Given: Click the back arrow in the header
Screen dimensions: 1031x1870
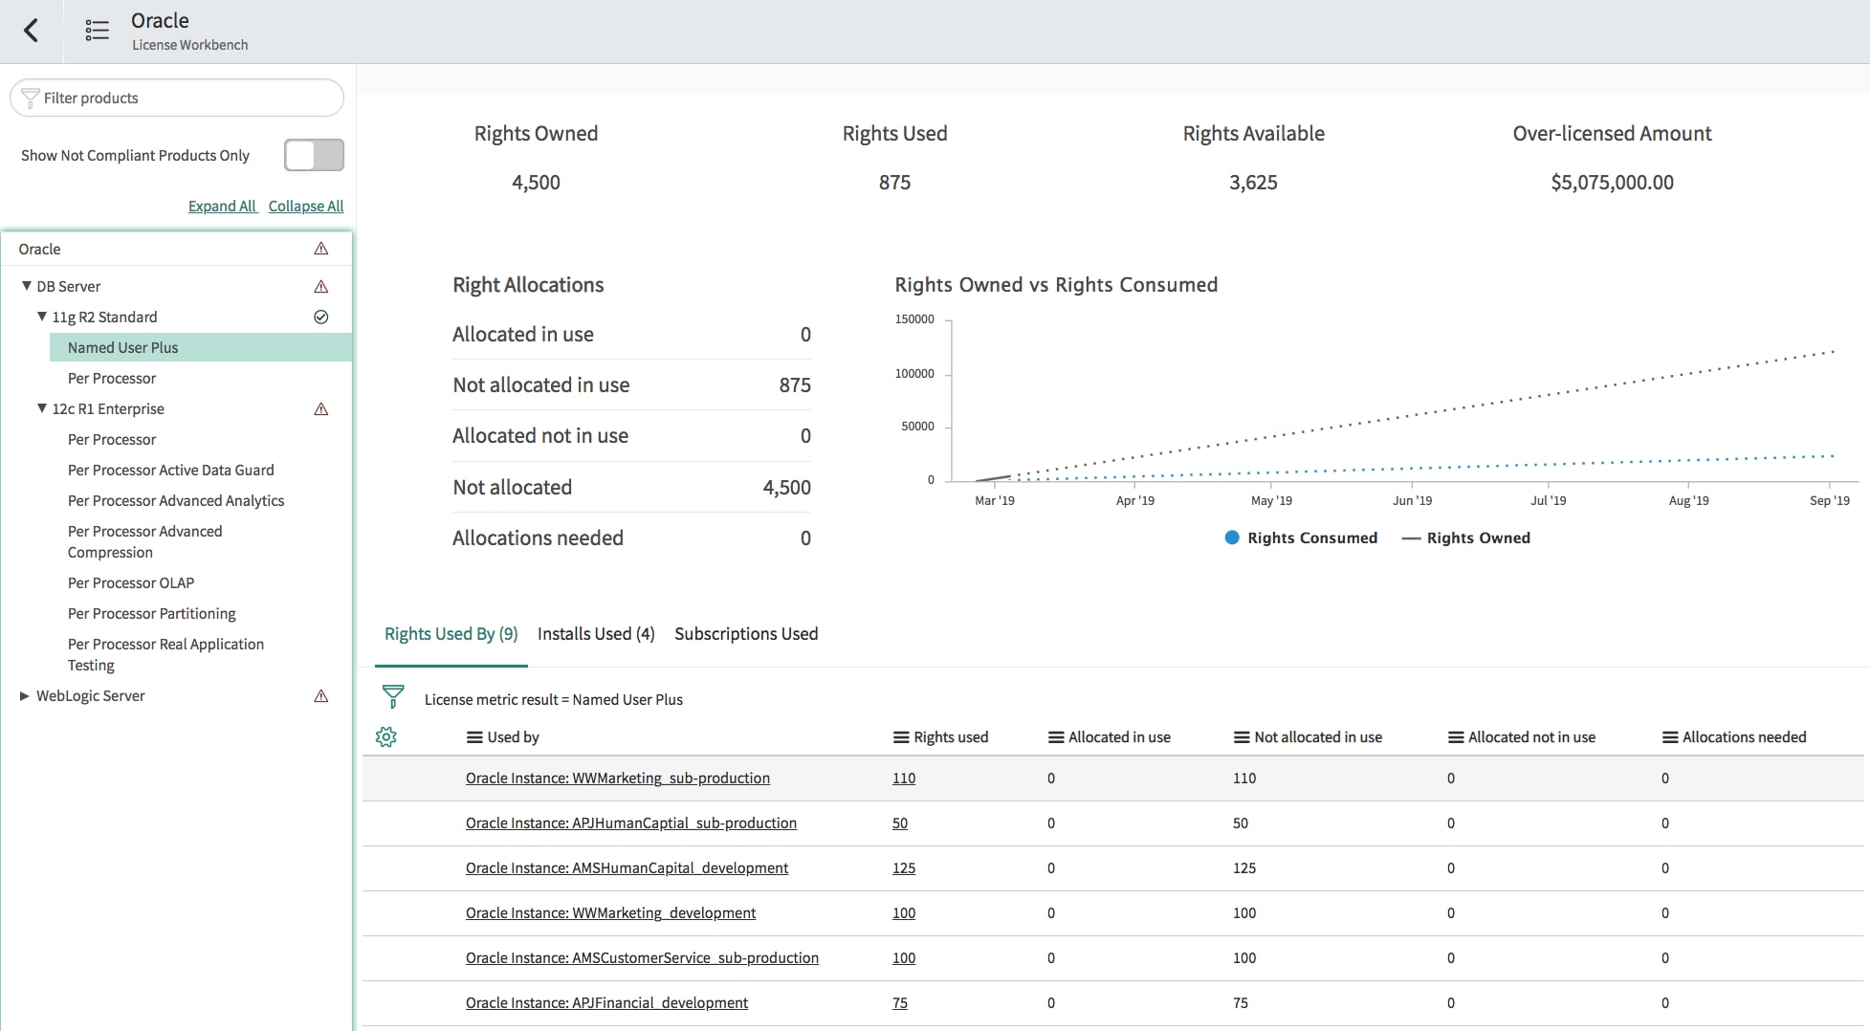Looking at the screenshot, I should coord(32,31).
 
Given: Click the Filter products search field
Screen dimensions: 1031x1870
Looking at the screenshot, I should coord(182,98).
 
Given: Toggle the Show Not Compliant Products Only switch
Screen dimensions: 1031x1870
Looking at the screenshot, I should coord(314,155).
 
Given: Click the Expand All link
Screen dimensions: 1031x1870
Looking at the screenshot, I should coord(222,206).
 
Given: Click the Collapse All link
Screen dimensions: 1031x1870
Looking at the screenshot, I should coord(306,206).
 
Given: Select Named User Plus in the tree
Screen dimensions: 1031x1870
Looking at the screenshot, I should coord(122,347).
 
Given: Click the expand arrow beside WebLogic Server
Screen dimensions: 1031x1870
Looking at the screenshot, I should coord(25,695).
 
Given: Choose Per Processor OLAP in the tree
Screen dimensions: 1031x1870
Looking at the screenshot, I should coord(130,582).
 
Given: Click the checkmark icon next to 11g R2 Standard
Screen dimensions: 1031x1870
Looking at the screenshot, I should coord(321,317).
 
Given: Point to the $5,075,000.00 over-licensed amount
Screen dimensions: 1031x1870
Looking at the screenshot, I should coord(1612,182).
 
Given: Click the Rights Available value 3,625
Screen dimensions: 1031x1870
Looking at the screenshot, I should coord(1253,182).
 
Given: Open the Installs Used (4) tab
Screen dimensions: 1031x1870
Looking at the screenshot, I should coord(596,633).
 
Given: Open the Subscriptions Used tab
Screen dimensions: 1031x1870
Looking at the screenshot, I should coord(746,633).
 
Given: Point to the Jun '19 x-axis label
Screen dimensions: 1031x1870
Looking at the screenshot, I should coord(1412,500).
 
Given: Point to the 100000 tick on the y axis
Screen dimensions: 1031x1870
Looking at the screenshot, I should coord(914,373).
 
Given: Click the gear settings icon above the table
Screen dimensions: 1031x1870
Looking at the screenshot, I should coord(386,736).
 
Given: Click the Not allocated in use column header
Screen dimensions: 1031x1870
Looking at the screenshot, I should coord(1317,736).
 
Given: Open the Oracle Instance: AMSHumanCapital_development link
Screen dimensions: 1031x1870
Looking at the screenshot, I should coord(627,867).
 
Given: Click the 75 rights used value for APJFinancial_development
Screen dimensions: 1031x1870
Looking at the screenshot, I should coord(900,1002).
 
